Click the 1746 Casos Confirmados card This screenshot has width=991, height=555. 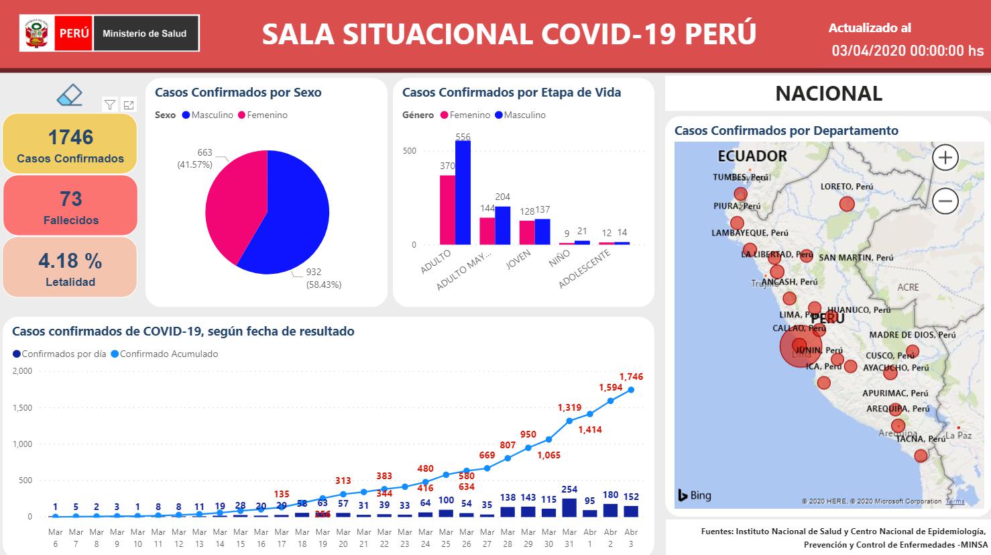70,144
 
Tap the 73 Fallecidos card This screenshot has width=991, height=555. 70,205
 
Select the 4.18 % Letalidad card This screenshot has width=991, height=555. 70,267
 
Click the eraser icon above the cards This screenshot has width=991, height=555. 70,95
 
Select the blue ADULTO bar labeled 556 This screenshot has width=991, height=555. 463,193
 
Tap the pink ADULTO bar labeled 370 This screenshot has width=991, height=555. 447,210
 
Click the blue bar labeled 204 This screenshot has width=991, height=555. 502,225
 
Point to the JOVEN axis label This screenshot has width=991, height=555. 518,259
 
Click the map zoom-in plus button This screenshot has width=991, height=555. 945,158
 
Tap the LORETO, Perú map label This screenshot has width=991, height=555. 847,187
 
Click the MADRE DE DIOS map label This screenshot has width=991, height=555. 912,335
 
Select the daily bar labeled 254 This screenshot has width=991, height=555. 569,507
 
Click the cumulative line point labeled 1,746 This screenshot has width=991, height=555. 631,390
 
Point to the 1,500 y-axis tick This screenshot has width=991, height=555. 22,407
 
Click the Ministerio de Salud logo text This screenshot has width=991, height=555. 144,34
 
